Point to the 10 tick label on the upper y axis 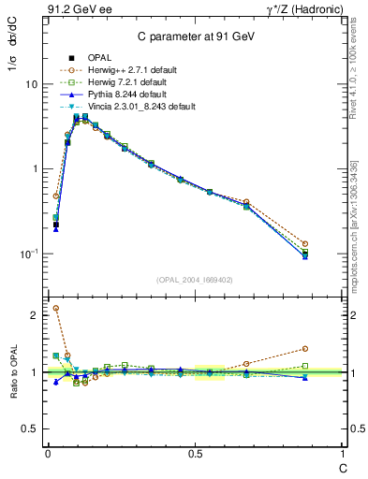30,84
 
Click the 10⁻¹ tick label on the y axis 27,254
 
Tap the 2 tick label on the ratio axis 34,315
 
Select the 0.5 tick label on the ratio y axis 29,429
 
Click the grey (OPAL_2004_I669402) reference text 194,280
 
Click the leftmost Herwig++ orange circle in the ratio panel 55,308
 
